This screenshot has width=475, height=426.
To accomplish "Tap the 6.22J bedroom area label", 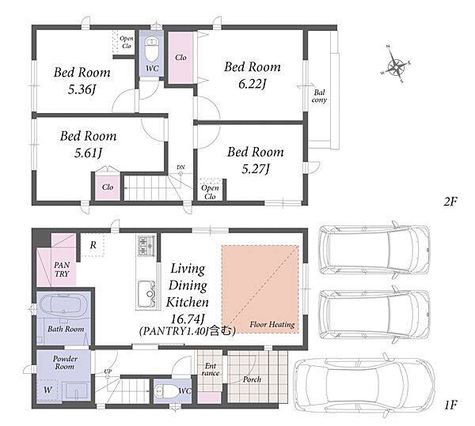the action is coord(252,84).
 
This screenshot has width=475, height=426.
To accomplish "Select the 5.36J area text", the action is coord(82,89).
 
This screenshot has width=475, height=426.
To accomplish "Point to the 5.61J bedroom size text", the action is coord(88,153).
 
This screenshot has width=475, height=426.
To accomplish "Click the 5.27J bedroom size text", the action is coord(256,168).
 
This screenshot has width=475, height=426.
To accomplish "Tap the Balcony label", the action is coord(319,96).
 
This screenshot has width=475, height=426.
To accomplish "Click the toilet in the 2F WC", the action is coord(151,49).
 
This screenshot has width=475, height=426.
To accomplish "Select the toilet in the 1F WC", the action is coord(166,391).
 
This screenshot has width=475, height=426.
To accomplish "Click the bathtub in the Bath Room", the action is coord(64,305).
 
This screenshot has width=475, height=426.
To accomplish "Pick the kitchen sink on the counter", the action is coord(146,294).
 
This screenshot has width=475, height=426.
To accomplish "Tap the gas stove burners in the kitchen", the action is coord(146,246).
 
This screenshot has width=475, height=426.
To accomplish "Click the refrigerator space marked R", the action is coord(93,245).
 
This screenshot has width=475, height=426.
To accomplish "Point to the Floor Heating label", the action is coord(272,324).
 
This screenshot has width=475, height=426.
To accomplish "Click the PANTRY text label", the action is coord(62,270).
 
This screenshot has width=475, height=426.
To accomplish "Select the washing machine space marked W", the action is coord(47,390).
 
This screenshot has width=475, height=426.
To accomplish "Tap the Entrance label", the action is coord(211,369).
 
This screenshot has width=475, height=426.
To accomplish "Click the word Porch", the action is coord(252,379).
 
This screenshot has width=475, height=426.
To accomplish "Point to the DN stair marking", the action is coord(180,168).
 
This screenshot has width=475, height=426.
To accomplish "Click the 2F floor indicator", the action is coord(450,202).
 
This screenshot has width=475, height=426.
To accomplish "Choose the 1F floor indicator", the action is coord(450,405).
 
